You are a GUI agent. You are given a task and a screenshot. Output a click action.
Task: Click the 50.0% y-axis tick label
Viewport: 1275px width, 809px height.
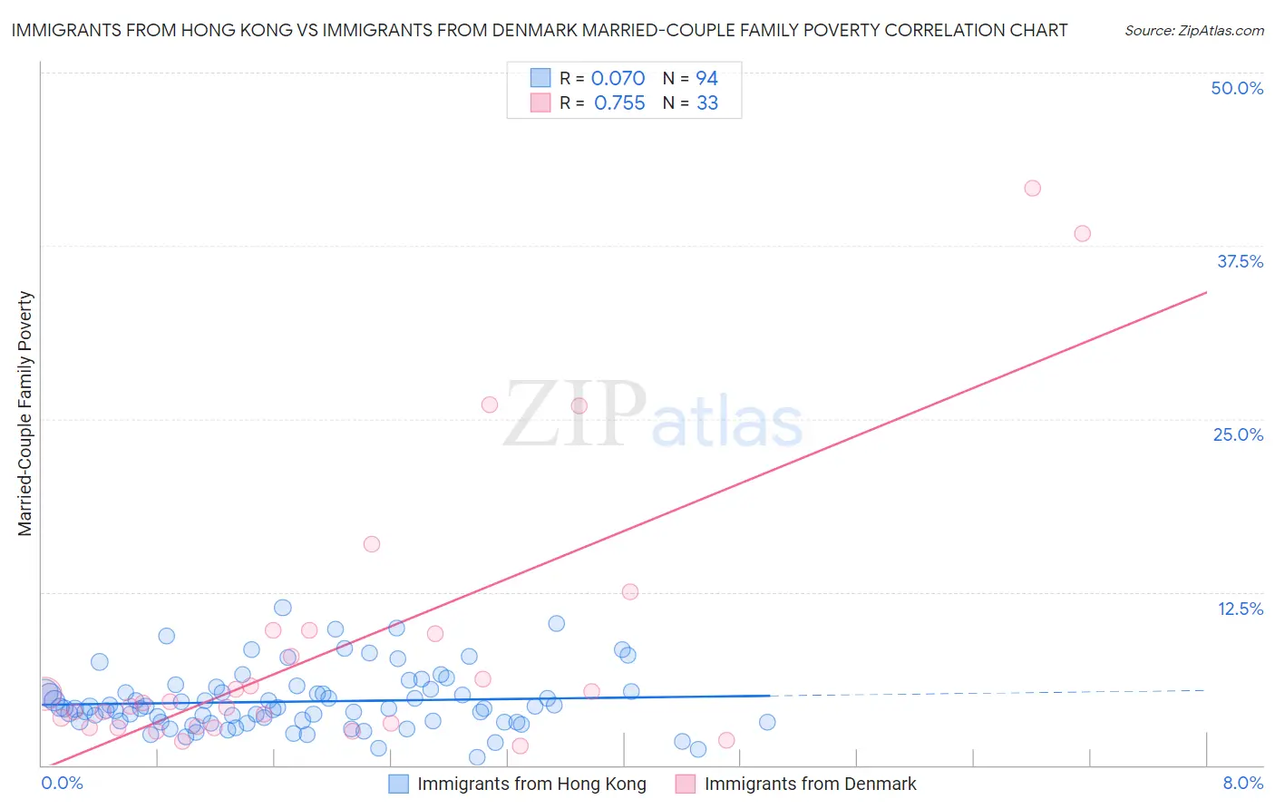(1237, 88)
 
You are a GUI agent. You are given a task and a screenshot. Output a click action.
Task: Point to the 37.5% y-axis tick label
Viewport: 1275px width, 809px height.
(1240, 261)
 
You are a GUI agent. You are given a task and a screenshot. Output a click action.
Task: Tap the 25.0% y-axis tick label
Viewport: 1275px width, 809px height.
(1238, 434)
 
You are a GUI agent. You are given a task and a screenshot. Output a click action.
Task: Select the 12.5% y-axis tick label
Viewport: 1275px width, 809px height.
(1240, 609)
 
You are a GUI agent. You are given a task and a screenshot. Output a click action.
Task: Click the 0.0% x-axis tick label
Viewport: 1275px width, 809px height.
(62, 783)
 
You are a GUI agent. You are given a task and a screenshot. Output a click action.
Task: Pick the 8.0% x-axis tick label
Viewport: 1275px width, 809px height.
(1242, 783)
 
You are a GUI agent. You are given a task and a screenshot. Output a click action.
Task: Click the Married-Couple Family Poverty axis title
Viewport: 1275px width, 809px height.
(25, 414)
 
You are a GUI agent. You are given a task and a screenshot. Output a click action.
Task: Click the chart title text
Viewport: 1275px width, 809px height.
(539, 30)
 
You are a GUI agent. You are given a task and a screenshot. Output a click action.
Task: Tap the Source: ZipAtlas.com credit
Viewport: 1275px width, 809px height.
(1193, 30)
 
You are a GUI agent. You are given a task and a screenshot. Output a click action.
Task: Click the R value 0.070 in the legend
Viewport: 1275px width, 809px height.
(618, 79)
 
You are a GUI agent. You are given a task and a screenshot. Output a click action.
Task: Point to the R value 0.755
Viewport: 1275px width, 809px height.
(619, 103)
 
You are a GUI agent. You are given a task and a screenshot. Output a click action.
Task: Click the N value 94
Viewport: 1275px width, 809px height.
(706, 79)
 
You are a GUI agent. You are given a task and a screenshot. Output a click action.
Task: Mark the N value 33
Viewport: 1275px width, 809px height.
(706, 103)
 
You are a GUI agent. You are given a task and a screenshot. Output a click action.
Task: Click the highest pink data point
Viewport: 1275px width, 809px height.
(1032, 189)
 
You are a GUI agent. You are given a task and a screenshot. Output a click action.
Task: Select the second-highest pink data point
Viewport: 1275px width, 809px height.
(1082, 233)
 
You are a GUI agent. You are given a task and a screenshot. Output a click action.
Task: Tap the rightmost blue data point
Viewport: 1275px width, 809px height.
(767, 722)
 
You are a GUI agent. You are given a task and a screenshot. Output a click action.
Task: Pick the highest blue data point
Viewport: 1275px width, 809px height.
(283, 608)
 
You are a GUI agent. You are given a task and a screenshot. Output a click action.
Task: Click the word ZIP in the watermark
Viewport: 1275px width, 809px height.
(575, 415)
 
